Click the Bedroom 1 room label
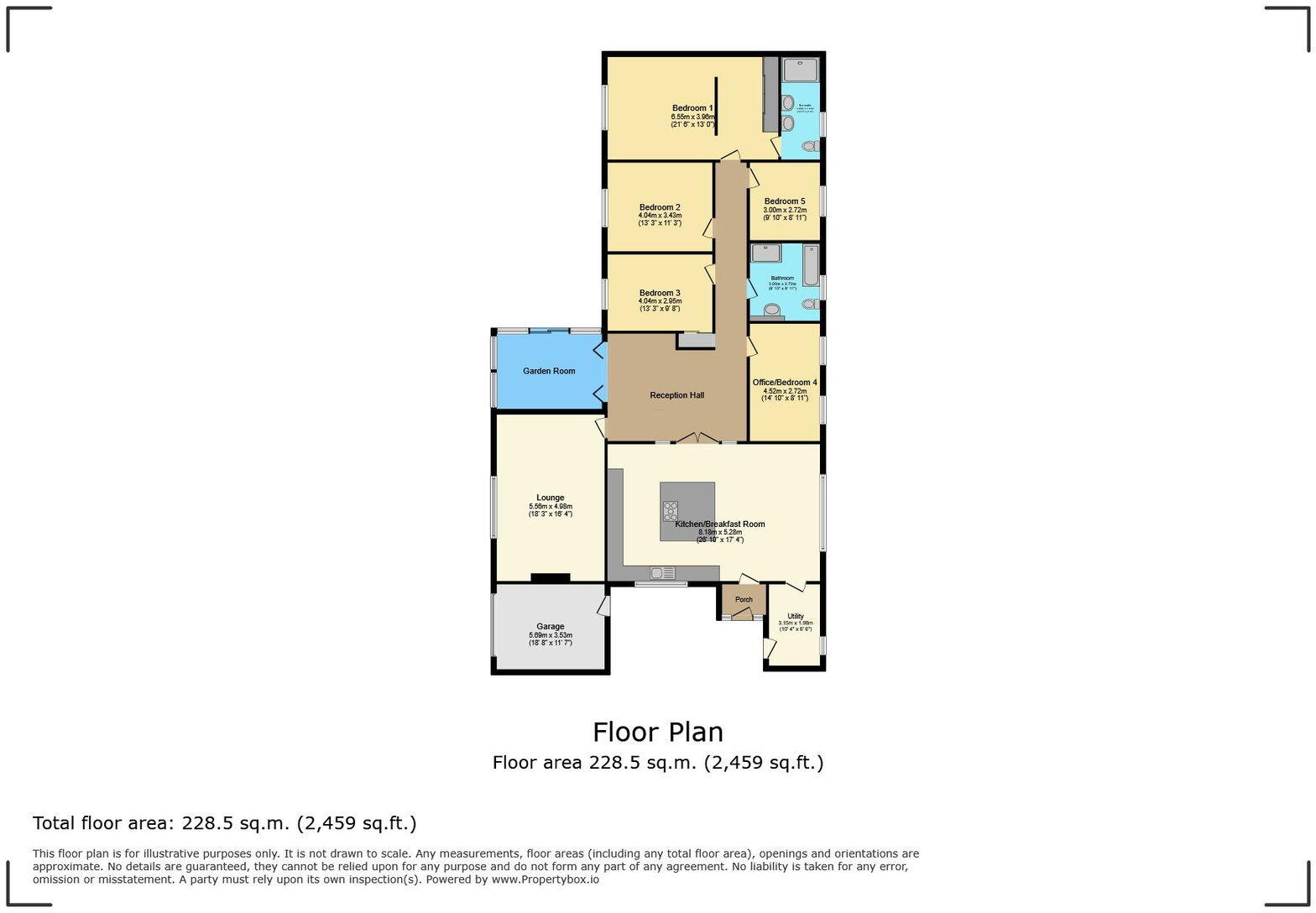(692, 108)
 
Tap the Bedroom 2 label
(660, 207)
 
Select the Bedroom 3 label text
(660, 293)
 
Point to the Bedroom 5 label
(785, 201)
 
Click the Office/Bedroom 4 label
(785, 383)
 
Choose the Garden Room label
(549, 371)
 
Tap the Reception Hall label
(676, 395)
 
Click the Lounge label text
(551, 498)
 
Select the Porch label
(744, 599)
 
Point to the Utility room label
(796, 616)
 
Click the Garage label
(551, 627)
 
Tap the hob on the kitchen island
(671, 511)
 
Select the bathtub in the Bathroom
(811, 265)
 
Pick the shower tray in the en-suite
(801, 70)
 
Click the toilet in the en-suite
(810, 147)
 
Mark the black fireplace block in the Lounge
(551, 577)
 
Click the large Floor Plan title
(658, 733)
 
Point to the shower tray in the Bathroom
(765, 253)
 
